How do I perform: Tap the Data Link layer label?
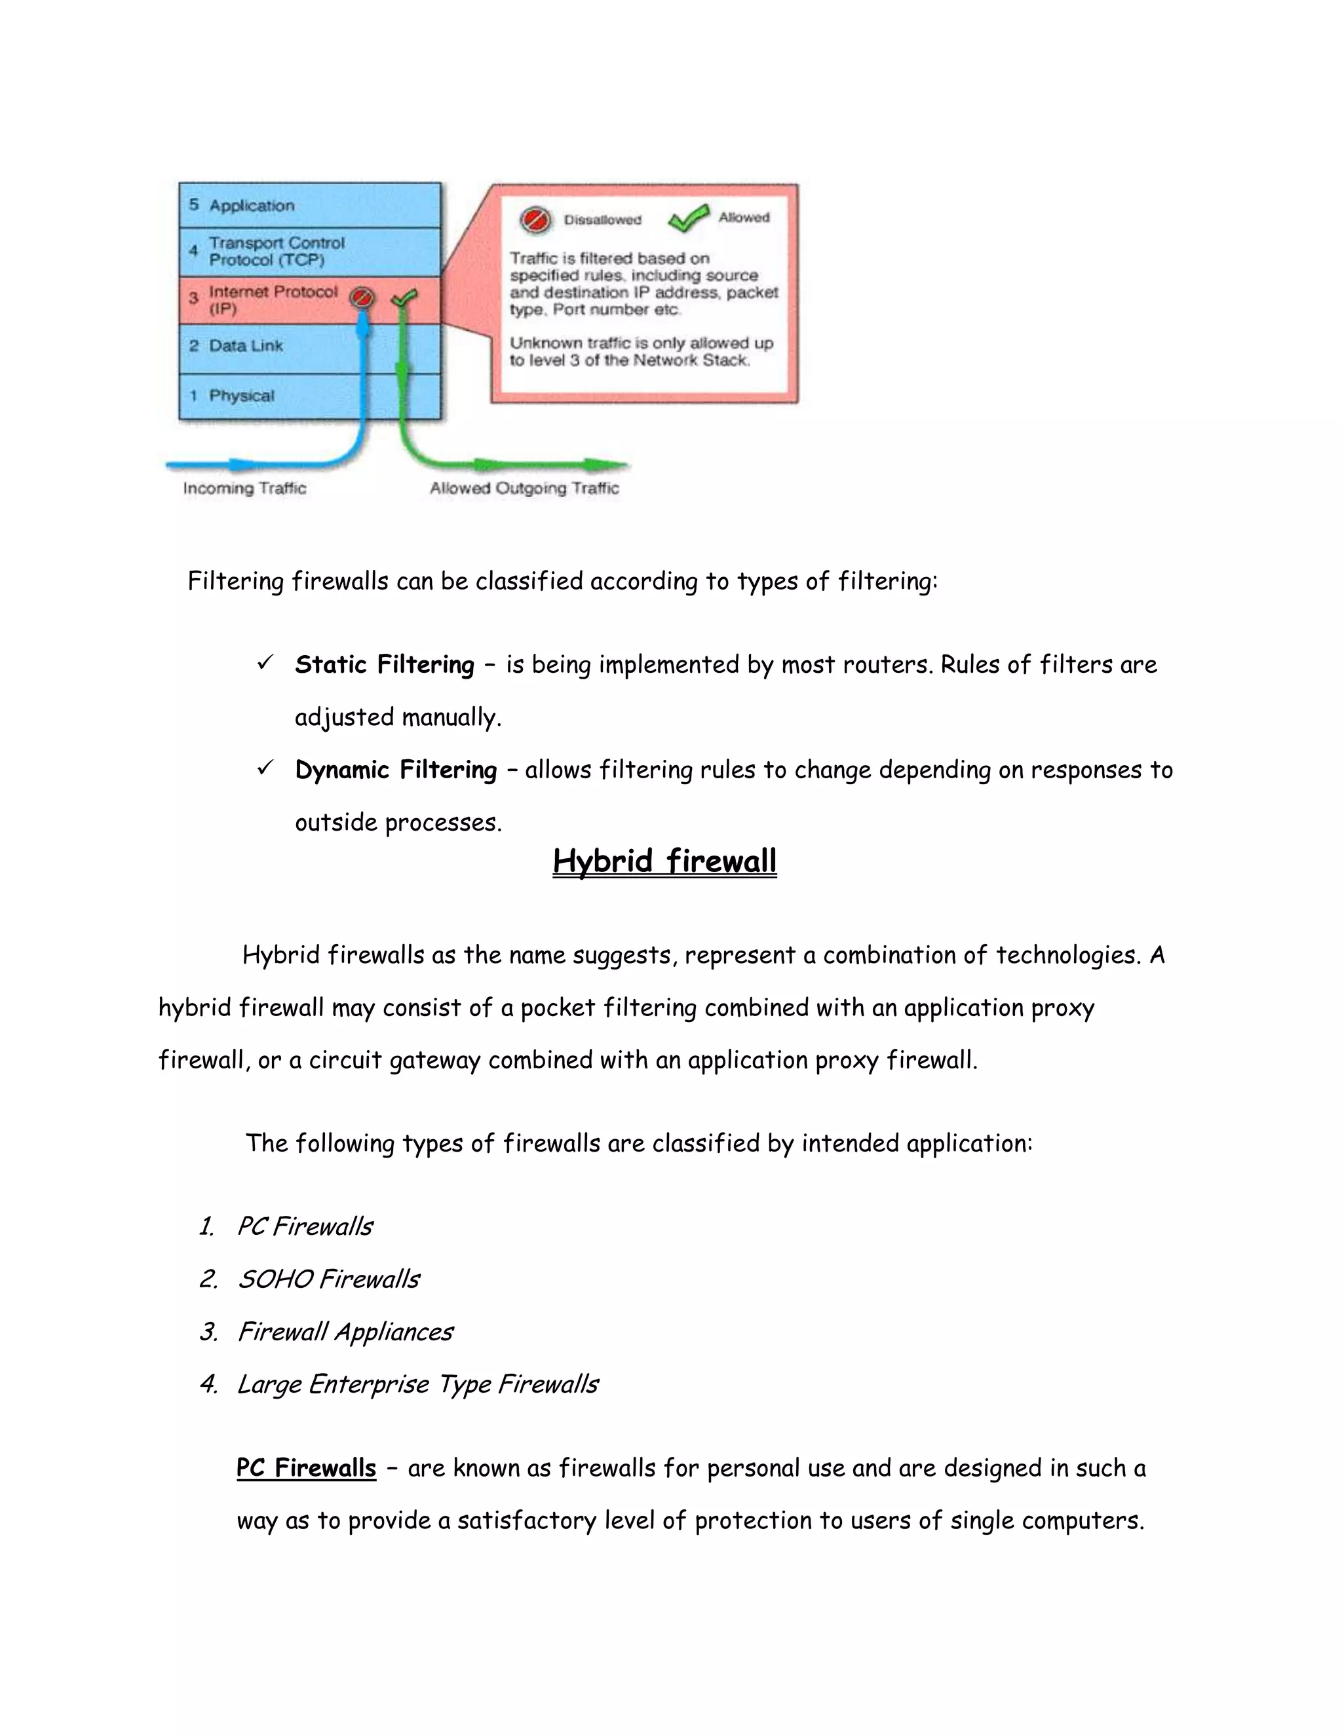click(246, 346)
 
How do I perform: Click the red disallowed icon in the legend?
click(535, 220)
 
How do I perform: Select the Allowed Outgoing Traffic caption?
click(524, 488)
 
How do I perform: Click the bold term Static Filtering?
click(384, 664)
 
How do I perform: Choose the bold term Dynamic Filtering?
click(395, 770)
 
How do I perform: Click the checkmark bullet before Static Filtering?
click(265, 662)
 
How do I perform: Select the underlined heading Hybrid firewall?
click(664, 861)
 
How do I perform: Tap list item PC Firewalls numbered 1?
click(305, 1226)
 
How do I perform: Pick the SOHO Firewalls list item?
click(328, 1279)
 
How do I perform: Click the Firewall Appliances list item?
click(345, 1331)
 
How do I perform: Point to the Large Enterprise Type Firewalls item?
click(417, 1384)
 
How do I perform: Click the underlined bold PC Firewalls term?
click(306, 1467)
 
